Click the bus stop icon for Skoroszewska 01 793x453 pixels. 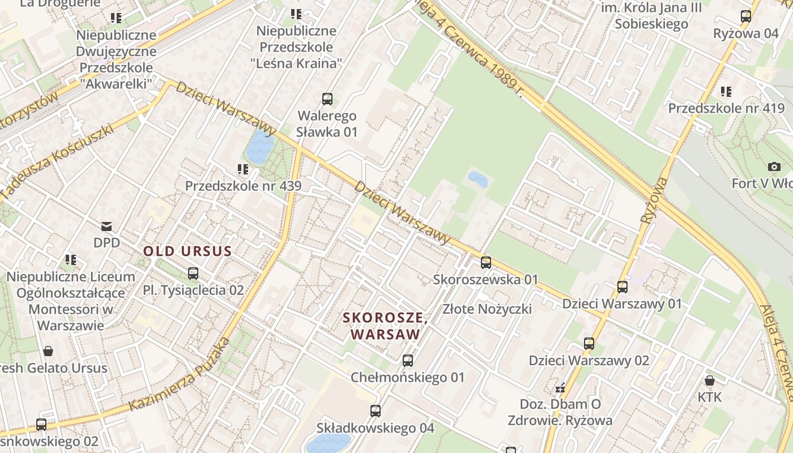pyautogui.click(x=485, y=263)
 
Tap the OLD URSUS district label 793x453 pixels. pyautogui.click(x=187, y=251)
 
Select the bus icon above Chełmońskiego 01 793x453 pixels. pyautogui.click(x=407, y=361)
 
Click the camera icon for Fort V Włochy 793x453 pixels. pyautogui.click(x=774, y=166)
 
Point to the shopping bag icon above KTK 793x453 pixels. pyautogui.click(x=709, y=381)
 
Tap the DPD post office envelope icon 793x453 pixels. pyautogui.click(x=106, y=226)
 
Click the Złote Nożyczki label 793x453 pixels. pyautogui.click(x=487, y=309)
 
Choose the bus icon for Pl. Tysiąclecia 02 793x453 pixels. pyautogui.click(x=193, y=273)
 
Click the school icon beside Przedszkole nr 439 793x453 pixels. pyautogui.click(x=243, y=169)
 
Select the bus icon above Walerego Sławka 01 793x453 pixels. pyautogui.click(x=327, y=99)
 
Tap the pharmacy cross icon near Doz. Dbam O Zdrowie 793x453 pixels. pyautogui.click(x=560, y=388)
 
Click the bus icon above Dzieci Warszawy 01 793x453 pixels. pyautogui.click(x=622, y=287)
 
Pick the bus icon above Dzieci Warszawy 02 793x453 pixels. pyautogui.click(x=589, y=344)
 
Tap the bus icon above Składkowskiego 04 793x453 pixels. pyautogui.click(x=375, y=411)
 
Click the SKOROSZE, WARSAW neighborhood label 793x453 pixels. pyautogui.click(x=385, y=326)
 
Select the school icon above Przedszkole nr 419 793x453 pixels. pyautogui.click(x=726, y=91)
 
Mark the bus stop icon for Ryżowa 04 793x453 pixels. pyautogui.click(x=746, y=16)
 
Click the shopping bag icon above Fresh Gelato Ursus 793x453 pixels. pyautogui.click(x=48, y=351)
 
